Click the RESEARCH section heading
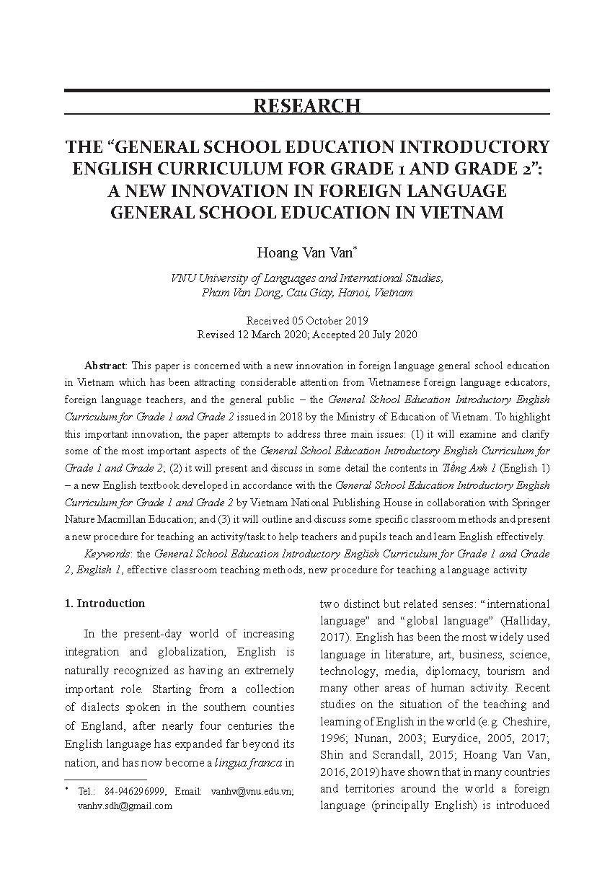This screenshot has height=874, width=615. pyautogui.click(x=306, y=105)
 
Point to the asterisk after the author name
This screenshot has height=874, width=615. pyautogui.click(x=355, y=248)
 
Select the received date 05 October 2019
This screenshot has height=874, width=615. pyautogui.click(x=334, y=320)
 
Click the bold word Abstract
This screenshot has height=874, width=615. pyautogui.click(x=105, y=366)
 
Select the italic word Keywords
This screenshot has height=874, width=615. pyautogui.click(x=107, y=554)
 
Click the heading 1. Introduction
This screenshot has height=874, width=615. pyautogui.click(x=105, y=603)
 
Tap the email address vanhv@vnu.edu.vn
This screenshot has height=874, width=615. pyautogui.click(x=251, y=792)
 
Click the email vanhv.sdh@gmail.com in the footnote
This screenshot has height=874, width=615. pyautogui.click(x=125, y=806)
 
